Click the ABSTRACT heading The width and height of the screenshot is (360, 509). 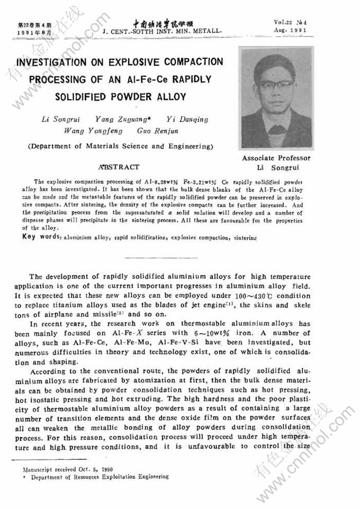[122, 167]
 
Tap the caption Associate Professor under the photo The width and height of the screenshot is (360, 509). [276, 158]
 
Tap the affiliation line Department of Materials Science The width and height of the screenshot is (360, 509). [121, 146]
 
